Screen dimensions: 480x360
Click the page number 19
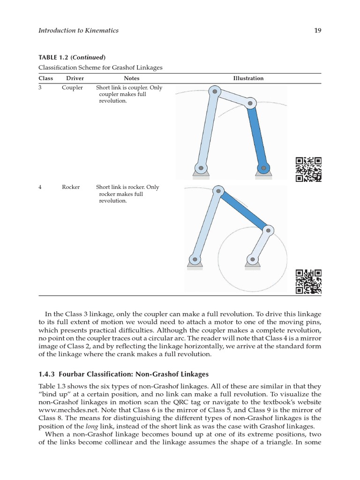318,30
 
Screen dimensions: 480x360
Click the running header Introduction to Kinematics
78,30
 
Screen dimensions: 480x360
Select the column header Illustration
248,78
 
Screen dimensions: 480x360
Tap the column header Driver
75,78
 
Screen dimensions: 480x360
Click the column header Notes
132,78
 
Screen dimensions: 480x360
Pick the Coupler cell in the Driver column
72,88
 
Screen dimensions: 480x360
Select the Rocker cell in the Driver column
71,187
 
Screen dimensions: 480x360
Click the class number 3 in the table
40,88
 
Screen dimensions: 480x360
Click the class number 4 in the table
40,187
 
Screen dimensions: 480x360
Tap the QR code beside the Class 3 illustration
308,169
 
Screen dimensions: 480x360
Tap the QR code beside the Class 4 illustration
308,281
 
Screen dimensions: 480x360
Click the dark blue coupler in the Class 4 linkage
243,210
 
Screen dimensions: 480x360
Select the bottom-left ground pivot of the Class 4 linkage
195,258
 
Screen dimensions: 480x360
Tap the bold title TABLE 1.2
54,58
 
